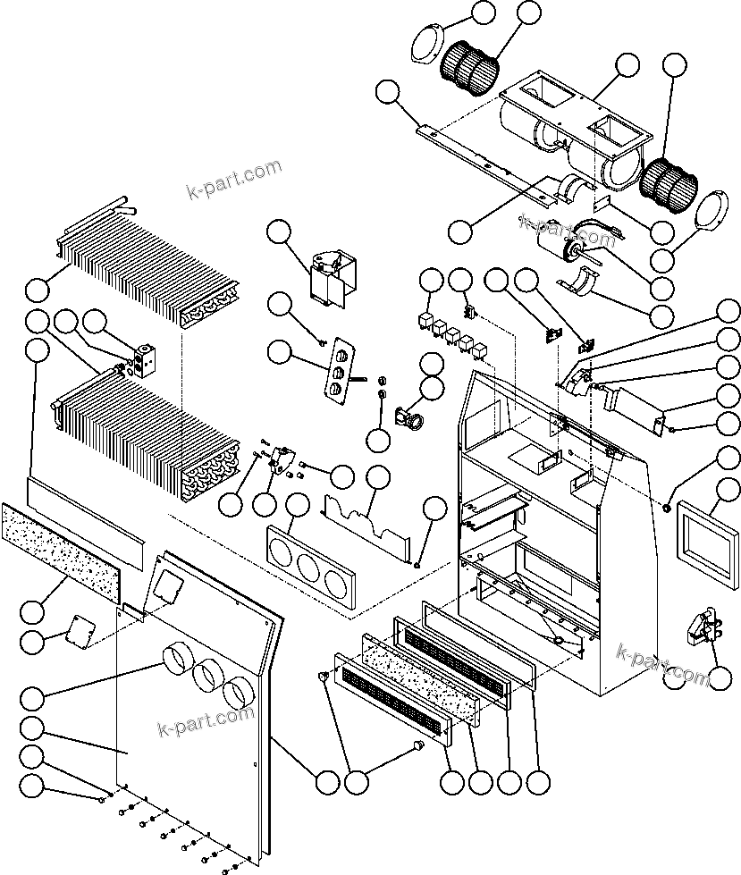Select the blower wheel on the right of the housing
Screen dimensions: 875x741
pyautogui.click(x=670, y=181)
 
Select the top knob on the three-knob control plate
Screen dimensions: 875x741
pyautogui.click(x=340, y=355)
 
